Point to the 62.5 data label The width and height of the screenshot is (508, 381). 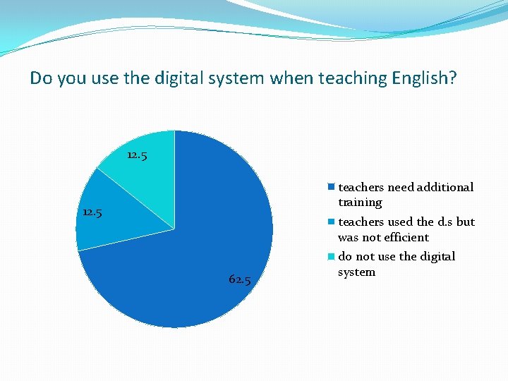(x=240, y=279)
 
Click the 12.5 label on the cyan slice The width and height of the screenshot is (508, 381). (x=137, y=155)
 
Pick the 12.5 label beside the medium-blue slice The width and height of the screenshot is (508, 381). (x=92, y=212)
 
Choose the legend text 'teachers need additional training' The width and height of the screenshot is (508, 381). (x=406, y=195)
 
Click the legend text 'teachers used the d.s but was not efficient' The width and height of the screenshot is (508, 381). (x=406, y=229)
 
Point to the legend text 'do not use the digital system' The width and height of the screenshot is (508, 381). (x=397, y=264)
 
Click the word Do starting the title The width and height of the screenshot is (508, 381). (x=40, y=78)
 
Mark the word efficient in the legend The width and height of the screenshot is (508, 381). (x=406, y=238)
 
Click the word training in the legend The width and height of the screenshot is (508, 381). (x=360, y=202)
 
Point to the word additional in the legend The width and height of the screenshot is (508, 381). (x=445, y=187)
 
